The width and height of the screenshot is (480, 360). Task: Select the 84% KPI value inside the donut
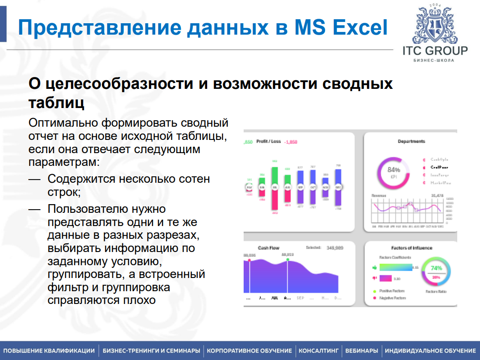coord(393,170)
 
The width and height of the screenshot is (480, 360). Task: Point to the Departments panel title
coord(411,141)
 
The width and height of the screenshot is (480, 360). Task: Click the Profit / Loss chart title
coord(269,142)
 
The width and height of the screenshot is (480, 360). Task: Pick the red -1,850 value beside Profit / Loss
coord(291,142)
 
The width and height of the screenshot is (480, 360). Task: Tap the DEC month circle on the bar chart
coord(338,187)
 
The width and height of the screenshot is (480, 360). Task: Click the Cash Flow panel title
coord(268,248)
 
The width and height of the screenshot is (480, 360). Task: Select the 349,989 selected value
coord(335,248)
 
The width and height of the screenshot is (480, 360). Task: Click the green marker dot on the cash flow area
coord(288,260)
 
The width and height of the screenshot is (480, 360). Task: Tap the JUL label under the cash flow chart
coord(274,298)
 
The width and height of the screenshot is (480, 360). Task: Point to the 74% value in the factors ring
coord(436,268)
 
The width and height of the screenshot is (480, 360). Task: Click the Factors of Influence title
coord(412,248)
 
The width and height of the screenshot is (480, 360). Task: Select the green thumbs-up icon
coord(375,267)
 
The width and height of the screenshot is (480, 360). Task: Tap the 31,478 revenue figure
coord(437,196)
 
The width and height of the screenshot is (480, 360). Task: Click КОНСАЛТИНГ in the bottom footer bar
coord(319,351)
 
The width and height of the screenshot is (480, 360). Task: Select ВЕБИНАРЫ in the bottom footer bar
coord(362,351)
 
